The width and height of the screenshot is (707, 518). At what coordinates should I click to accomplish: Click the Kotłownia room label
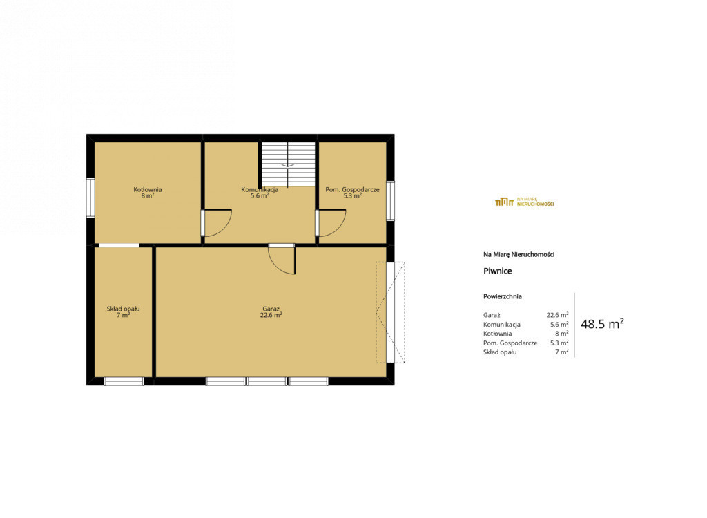(x=148, y=189)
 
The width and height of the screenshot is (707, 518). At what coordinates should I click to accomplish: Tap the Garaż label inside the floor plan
(x=271, y=309)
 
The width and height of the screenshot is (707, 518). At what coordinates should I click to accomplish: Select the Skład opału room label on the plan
(x=123, y=309)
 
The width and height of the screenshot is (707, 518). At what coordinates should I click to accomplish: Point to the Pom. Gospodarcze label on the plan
(x=352, y=189)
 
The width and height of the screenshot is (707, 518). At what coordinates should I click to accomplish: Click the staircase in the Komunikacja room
(x=288, y=164)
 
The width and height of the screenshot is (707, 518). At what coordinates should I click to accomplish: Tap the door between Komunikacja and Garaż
(x=282, y=260)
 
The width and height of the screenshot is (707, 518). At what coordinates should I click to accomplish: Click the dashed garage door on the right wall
(x=391, y=312)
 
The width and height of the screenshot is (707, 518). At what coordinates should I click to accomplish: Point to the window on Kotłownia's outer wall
(x=90, y=198)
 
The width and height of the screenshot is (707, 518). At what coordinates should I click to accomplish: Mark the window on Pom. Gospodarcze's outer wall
(x=390, y=201)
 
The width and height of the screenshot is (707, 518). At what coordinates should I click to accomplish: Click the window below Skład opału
(x=124, y=381)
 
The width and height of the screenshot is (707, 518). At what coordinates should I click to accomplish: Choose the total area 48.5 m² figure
(x=602, y=324)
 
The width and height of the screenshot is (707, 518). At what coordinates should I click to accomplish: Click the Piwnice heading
(x=497, y=271)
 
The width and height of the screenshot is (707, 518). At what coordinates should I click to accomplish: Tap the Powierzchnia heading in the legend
(x=503, y=296)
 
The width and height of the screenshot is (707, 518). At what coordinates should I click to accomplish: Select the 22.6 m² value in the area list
(x=557, y=315)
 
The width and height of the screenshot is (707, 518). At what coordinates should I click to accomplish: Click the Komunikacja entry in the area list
(x=502, y=325)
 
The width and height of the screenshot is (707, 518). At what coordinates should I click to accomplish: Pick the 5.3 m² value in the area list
(x=559, y=343)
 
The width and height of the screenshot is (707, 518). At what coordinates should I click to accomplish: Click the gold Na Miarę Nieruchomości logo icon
(x=505, y=202)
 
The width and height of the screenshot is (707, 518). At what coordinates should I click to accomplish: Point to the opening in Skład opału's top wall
(x=119, y=245)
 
